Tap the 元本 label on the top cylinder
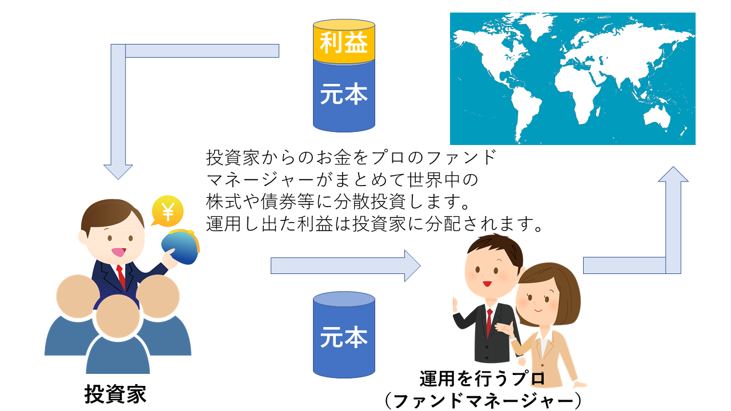point(344,94)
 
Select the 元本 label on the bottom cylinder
point(344,337)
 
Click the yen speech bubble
point(167,211)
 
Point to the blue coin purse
point(180,246)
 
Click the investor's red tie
point(121,277)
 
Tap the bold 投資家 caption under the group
point(115,394)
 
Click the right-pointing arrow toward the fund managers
point(346,266)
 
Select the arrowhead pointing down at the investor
point(118,172)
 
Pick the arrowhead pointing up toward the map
point(673,174)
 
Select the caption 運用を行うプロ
point(483,378)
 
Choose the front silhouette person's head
point(118,316)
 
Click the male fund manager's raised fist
point(455,305)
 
